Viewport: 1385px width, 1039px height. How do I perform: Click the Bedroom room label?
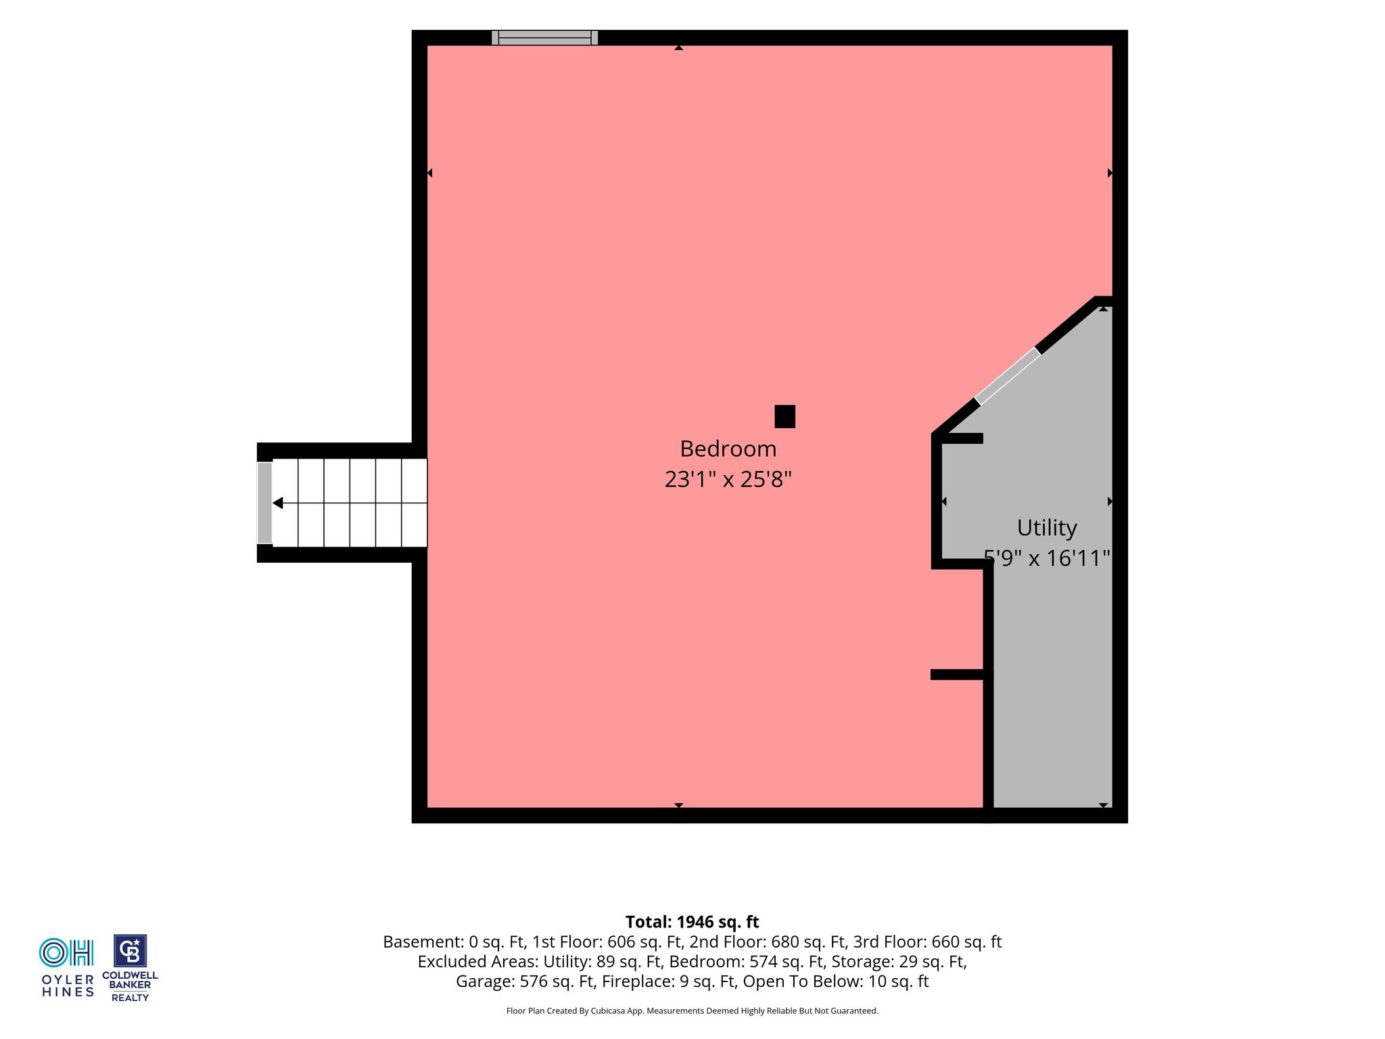click(728, 448)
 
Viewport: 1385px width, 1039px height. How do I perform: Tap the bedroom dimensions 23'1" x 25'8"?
click(728, 480)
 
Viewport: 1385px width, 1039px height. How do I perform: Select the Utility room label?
click(1047, 528)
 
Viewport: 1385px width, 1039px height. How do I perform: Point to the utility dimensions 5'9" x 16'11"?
click(1047, 558)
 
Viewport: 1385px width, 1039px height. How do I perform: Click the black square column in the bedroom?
click(784, 417)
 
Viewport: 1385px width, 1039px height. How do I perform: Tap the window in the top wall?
click(544, 38)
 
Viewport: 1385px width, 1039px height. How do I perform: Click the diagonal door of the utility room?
click(1007, 377)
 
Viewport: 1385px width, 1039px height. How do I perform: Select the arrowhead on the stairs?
click(277, 503)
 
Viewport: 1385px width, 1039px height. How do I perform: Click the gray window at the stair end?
click(264, 503)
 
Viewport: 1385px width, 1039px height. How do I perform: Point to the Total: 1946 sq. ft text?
click(692, 922)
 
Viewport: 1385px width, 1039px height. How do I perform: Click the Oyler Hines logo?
click(67, 967)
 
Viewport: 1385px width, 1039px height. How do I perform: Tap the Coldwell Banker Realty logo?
click(130, 968)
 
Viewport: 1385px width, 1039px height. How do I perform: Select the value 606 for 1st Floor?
click(621, 942)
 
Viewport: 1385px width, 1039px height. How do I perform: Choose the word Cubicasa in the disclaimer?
click(606, 1011)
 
